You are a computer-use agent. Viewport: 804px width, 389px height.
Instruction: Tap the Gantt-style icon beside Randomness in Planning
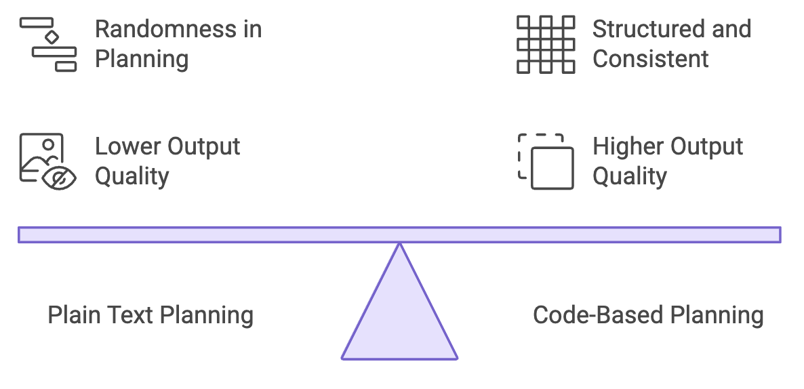[x=48, y=45]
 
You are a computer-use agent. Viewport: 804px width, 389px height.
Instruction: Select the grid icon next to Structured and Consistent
[x=546, y=45]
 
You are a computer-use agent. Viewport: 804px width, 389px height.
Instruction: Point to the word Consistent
[x=651, y=59]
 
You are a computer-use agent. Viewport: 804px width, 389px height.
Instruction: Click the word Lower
[x=127, y=146]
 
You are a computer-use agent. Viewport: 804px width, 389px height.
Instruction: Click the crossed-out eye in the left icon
[x=59, y=179]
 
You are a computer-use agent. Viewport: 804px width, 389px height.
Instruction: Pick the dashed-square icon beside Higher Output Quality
[x=546, y=161]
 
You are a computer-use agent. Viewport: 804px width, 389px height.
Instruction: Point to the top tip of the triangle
[x=399, y=243]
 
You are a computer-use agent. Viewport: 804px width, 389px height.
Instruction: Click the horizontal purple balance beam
[x=399, y=234]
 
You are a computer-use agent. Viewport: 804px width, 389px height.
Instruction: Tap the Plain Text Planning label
[x=150, y=315]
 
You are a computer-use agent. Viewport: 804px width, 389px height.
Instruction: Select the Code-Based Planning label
[x=648, y=315]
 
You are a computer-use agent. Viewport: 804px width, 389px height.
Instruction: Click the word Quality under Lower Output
[x=132, y=177]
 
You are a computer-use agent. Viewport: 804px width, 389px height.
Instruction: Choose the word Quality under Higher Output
[x=630, y=177]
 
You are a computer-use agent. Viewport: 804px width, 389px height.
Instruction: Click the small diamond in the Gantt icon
[x=52, y=37]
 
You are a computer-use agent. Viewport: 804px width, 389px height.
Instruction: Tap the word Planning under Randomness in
[x=142, y=60]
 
